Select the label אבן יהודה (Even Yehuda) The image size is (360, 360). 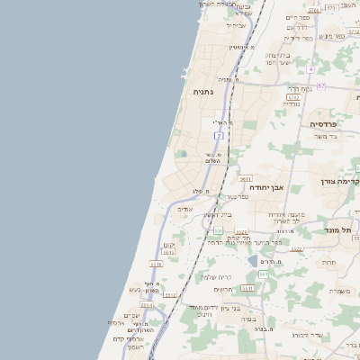click(x=265, y=187)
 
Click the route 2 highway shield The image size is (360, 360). click(x=219, y=135)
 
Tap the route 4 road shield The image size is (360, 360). click(x=310, y=68)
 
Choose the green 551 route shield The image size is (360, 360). click(x=218, y=231)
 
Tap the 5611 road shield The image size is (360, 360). click(x=246, y=178)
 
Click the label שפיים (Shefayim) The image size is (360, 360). click(x=131, y=315)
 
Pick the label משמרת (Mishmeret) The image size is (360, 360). click(x=340, y=291)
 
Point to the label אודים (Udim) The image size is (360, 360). click(x=184, y=209)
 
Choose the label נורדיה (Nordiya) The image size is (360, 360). click(x=292, y=103)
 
